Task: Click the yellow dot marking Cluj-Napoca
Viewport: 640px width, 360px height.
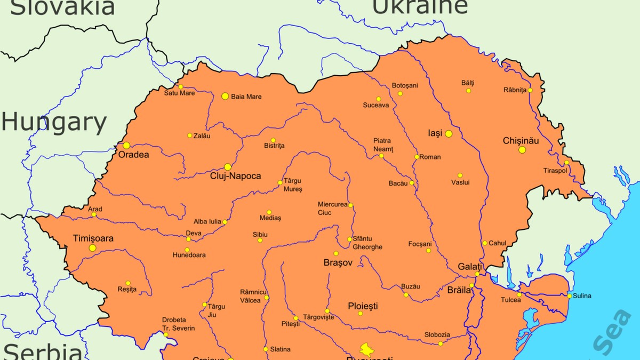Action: tap(228, 167)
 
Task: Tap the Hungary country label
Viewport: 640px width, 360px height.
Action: tap(54, 123)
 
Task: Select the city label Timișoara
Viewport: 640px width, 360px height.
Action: tap(93, 238)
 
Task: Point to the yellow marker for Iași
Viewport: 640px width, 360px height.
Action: tap(449, 134)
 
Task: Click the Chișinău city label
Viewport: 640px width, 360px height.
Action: tap(521, 141)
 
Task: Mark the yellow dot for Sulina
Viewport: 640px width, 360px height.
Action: tap(569, 296)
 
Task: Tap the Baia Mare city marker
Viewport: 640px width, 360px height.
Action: tap(225, 97)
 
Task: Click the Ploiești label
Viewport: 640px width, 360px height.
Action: tap(363, 306)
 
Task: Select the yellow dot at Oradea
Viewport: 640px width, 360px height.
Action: tap(126, 146)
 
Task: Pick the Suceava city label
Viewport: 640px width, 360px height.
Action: tap(376, 105)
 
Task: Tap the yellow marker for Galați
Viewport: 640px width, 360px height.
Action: tap(477, 274)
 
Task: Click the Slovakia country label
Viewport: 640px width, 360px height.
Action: tap(62, 7)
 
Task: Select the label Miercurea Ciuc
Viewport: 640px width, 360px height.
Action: tap(332, 209)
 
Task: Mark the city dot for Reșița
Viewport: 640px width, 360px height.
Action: tap(128, 283)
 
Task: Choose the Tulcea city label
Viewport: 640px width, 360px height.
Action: tap(510, 300)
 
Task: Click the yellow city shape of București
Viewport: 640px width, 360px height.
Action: tap(367, 349)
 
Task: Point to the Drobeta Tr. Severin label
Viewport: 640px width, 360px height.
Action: tap(178, 324)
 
